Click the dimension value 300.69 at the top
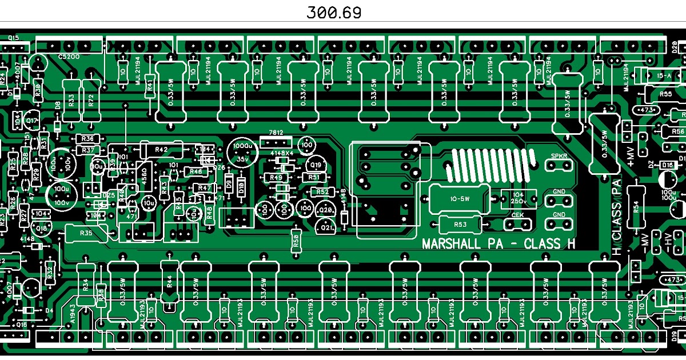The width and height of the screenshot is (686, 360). pyautogui.click(x=334, y=13)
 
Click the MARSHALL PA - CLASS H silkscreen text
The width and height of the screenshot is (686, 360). pyautogui.click(x=498, y=244)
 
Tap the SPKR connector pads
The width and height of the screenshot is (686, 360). pyautogui.click(x=558, y=165)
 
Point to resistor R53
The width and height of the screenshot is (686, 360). pyautogui.click(x=461, y=225)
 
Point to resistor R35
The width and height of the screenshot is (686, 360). pyautogui.click(x=86, y=233)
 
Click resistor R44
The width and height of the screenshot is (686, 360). pyautogui.click(x=169, y=281)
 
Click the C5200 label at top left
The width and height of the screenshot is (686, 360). pyautogui.click(x=69, y=57)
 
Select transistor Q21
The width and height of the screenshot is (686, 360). pyautogui.click(x=326, y=227)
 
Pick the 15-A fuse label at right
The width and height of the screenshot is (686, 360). pyautogui.click(x=664, y=75)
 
